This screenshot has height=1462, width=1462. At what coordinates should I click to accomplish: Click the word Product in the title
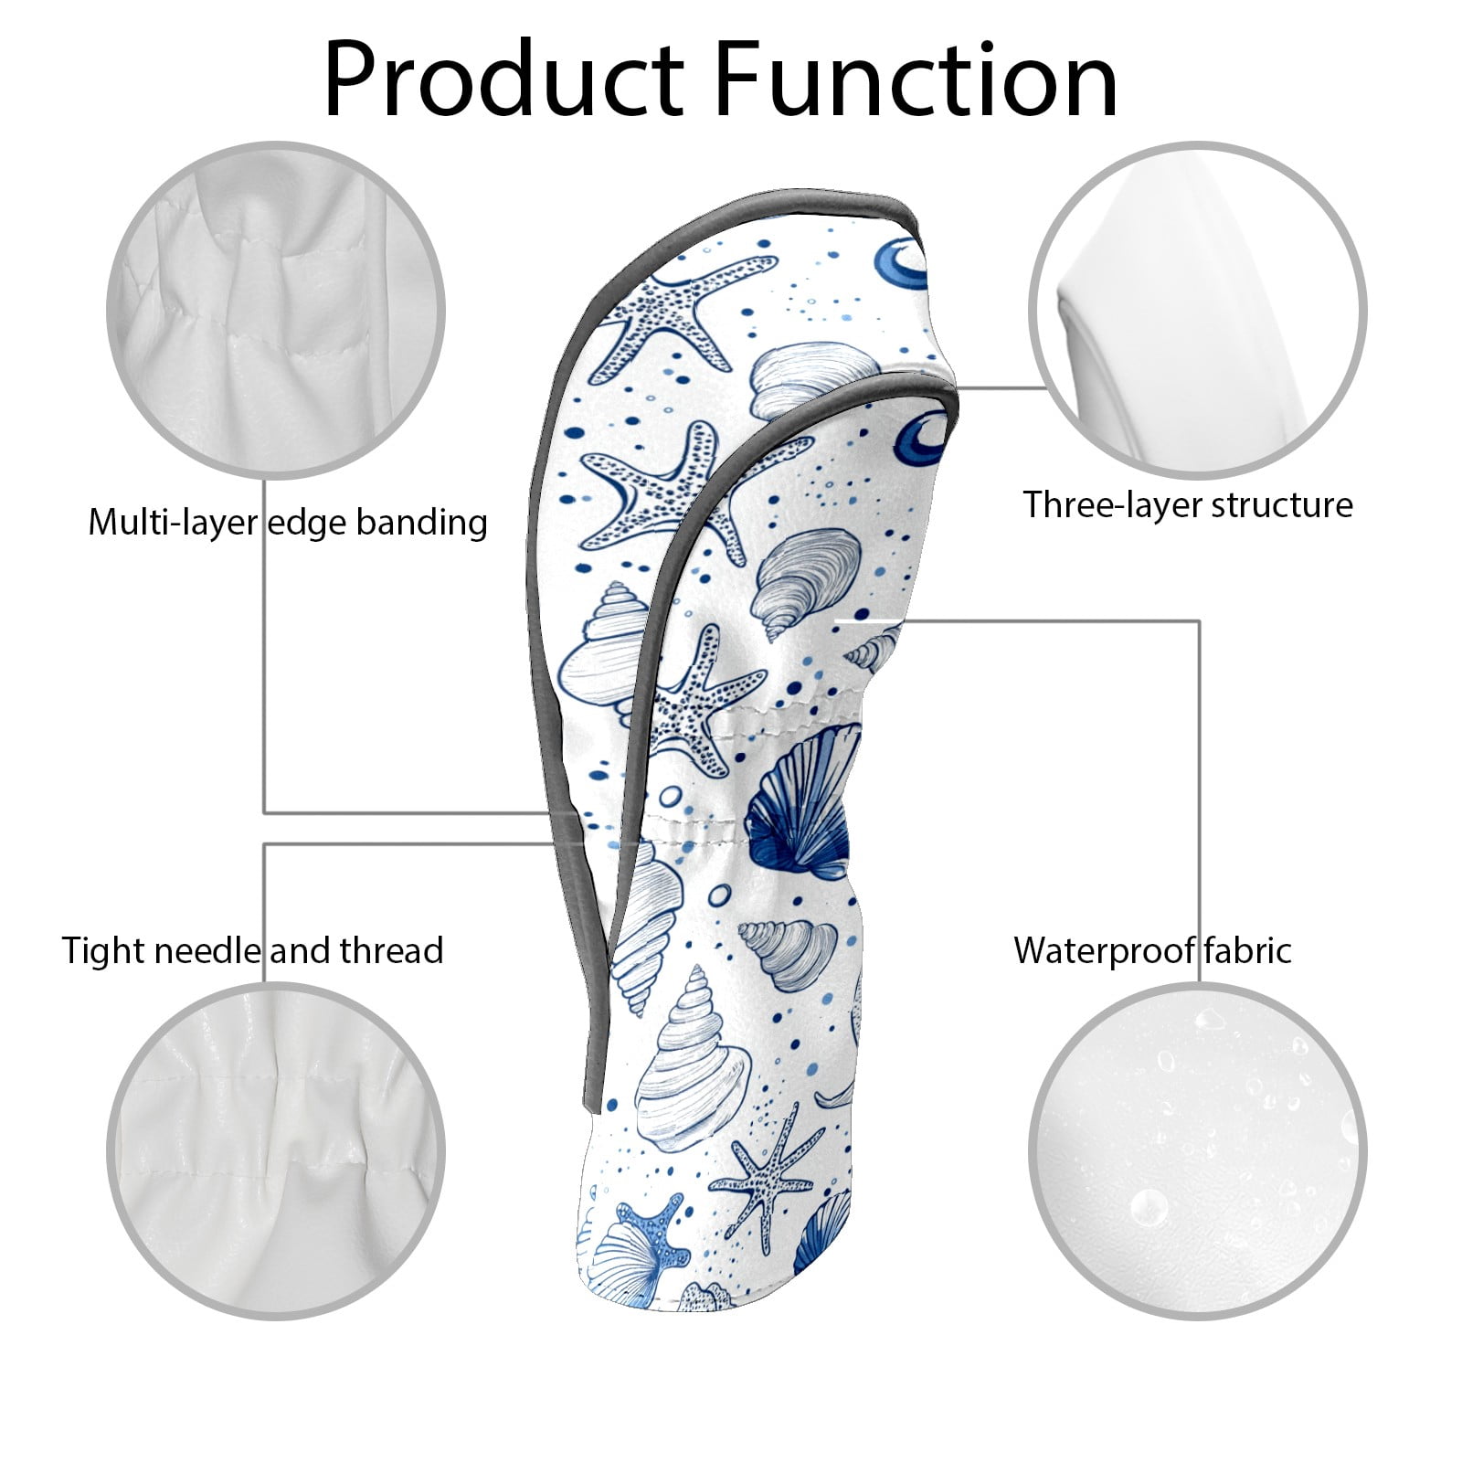tap(503, 79)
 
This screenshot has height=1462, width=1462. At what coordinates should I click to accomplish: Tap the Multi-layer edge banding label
tap(288, 523)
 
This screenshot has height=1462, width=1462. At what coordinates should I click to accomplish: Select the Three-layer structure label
tap(1187, 504)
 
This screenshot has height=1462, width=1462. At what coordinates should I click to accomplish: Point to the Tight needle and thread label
tap(253, 950)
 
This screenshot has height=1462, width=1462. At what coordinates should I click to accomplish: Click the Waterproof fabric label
tap(1152, 950)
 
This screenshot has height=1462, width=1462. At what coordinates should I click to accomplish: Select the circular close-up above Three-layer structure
tap(1197, 311)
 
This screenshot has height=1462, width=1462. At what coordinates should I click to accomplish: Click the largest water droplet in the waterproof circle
tap(1149, 1208)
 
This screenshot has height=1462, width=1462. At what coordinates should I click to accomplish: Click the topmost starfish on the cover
tap(681, 315)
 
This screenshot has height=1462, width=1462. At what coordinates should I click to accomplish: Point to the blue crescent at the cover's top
tap(900, 265)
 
